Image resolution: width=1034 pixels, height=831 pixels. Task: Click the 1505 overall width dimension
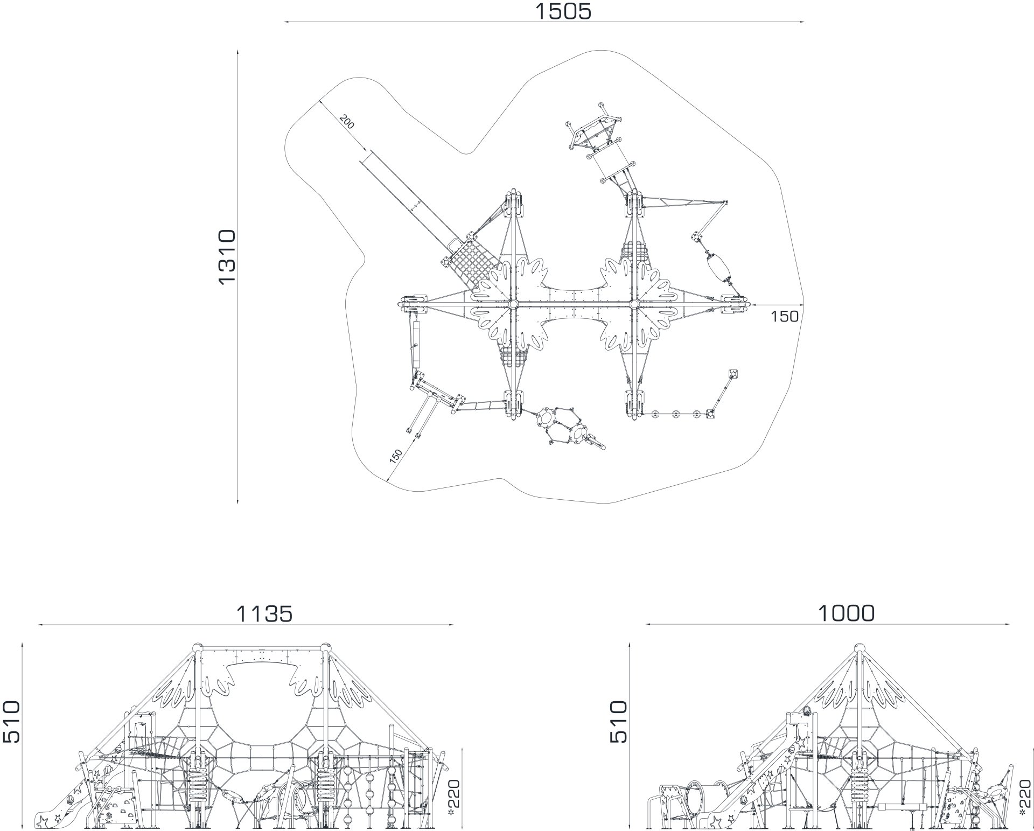(563, 11)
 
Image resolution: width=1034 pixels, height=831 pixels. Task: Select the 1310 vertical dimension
(227, 256)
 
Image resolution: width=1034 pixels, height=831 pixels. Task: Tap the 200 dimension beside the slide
(347, 123)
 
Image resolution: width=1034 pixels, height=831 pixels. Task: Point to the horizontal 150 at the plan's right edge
(784, 317)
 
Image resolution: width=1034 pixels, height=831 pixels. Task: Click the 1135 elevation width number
(264, 613)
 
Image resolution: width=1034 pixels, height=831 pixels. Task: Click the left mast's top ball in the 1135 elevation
(198, 648)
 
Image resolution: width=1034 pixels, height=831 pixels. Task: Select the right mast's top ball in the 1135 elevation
(325, 648)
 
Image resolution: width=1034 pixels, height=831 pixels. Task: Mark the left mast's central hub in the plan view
(513, 305)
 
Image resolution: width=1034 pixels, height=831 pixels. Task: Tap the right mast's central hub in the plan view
(634, 305)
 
